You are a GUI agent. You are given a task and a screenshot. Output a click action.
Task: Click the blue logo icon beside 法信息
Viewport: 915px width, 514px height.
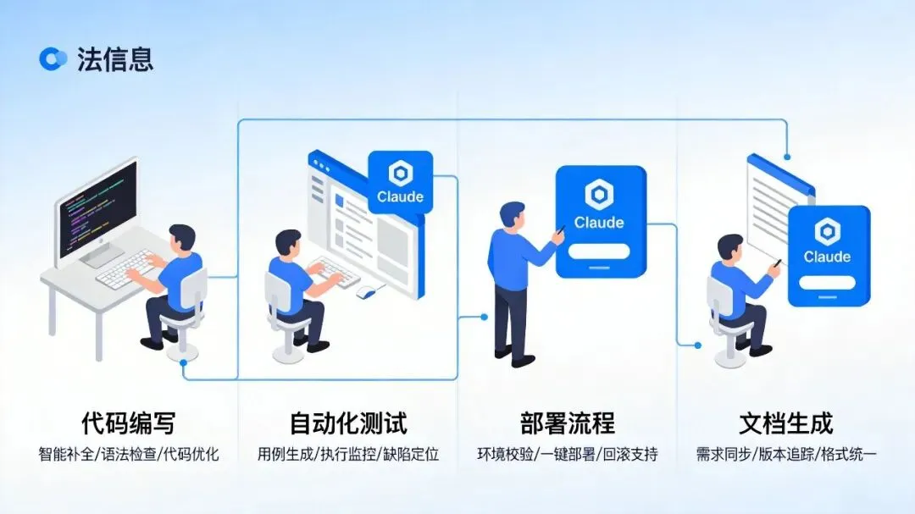tap(53, 58)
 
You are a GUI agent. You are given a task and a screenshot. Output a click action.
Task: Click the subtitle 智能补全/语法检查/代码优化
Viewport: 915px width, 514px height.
tap(129, 455)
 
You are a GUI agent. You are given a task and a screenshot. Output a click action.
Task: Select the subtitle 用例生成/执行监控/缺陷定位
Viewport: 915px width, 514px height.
tap(348, 455)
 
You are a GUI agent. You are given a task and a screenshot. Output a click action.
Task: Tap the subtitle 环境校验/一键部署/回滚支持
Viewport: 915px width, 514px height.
tap(567, 455)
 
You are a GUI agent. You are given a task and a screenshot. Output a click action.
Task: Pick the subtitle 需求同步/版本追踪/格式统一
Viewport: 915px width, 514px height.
tap(786, 455)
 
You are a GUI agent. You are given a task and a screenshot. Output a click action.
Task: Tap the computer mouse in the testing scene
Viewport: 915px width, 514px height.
tap(365, 292)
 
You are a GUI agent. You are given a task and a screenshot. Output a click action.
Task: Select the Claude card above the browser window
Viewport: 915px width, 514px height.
tap(400, 182)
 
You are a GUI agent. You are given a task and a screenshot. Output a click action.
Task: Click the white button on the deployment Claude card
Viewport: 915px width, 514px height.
tap(599, 251)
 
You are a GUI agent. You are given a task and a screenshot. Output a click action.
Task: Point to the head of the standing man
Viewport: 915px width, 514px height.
tap(513, 216)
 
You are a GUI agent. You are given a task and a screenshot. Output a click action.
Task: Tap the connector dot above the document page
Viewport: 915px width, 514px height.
tap(788, 157)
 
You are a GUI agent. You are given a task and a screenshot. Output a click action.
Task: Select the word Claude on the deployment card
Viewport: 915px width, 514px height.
tap(599, 224)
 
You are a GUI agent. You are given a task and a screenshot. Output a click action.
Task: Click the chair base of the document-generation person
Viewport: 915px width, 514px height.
tap(729, 359)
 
